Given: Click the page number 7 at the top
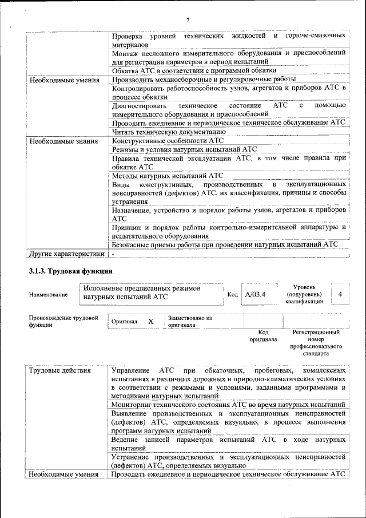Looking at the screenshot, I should [x=188, y=21].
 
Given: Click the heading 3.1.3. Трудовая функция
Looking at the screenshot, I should [x=70, y=271].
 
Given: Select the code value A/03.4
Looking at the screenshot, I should [x=255, y=294].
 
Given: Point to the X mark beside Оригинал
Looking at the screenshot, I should [x=150, y=322].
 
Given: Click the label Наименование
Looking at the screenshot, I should [x=48, y=294].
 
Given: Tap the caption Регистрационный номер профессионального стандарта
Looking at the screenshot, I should [x=316, y=343].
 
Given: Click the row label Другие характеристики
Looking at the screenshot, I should [x=67, y=254].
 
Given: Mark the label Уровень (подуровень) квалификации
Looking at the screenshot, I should [x=307, y=294].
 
